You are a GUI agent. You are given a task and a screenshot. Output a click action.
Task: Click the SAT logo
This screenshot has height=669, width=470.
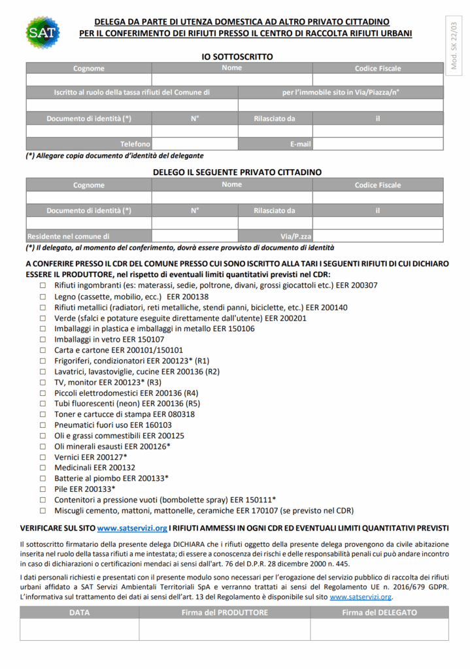[x=42, y=32]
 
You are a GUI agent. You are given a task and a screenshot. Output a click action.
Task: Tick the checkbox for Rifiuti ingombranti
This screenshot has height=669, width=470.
[x=42, y=286]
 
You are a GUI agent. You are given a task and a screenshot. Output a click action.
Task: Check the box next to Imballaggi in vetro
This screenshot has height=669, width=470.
[x=42, y=340]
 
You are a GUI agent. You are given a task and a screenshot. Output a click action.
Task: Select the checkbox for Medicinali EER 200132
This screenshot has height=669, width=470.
[x=42, y=468]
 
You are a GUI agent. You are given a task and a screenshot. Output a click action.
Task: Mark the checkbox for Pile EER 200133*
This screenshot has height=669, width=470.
[x=42, y=489]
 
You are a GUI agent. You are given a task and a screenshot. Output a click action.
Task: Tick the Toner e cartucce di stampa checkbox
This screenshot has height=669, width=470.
[x=42, y=414]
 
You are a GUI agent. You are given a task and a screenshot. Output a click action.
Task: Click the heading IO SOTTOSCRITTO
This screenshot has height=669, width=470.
[x=237, y=57]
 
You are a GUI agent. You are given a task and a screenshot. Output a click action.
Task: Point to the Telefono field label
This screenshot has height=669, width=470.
[x=135, y=144]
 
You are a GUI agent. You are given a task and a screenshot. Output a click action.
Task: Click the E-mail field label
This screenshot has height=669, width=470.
[x=300, y=144]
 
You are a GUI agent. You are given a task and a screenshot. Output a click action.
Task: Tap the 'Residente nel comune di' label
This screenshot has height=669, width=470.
[x=68, y=236]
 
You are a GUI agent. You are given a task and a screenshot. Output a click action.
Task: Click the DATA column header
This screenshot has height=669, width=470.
[x=79, y=612]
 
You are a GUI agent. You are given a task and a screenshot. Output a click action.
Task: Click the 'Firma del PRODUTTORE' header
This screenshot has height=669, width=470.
[x=224, y=612]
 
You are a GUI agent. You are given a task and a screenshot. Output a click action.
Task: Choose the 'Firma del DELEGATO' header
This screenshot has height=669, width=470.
[x=379, y=612]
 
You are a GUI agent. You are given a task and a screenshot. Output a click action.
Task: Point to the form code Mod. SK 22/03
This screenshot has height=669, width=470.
[x=454, y=45]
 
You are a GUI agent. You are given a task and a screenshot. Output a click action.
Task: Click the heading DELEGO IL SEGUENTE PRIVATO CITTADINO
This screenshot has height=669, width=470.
[x=237, y=172]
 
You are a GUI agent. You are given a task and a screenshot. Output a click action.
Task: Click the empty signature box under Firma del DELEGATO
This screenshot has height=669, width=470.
[x=379, y=629]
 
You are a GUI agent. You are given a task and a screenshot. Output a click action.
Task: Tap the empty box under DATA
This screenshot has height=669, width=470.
[x=79, y=629]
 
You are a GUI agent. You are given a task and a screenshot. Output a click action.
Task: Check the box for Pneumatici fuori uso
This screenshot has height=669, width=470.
[x=42, y=425]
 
